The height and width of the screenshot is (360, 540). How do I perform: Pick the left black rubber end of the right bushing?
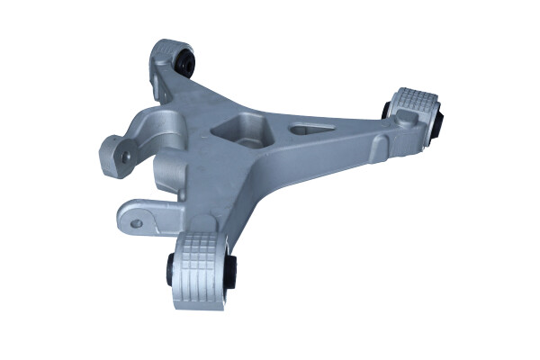coord(387,108)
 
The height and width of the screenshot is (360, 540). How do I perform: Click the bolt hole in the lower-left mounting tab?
coord(137,222)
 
